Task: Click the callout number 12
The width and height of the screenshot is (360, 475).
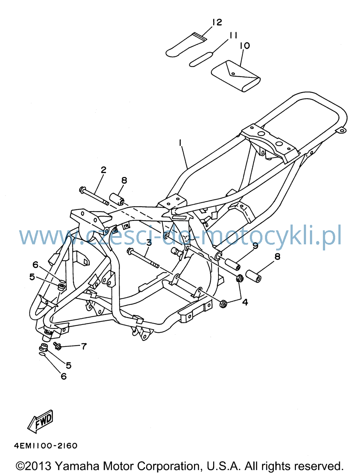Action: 217,22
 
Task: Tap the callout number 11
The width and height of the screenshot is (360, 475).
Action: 232,35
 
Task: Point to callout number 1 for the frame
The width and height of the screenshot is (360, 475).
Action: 180,143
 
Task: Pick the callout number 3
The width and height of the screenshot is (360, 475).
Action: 149,243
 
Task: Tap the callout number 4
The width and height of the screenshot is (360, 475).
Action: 245,302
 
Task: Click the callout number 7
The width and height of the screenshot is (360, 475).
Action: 84,347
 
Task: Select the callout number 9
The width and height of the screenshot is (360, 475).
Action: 255,246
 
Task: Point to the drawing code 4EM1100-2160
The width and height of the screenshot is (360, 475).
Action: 46,446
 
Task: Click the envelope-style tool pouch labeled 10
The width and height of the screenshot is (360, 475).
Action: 236,76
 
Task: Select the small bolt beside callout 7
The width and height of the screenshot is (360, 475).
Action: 57,345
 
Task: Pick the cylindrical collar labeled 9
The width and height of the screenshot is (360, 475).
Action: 233,264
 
